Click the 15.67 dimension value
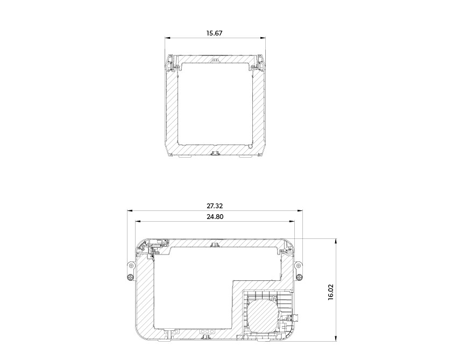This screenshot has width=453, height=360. tap(214, 33)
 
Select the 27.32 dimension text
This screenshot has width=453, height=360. tap(215, 206)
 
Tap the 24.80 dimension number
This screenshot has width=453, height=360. tap(215, 217)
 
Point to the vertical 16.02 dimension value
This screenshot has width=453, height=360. tap(331, 292)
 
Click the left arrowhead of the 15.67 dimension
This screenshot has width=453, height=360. tap(167, 38)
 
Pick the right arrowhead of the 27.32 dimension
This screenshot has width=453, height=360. tap(300, 210)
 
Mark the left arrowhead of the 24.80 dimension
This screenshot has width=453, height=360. tap(138, 221)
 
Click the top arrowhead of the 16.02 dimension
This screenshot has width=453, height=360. tap(336, 241)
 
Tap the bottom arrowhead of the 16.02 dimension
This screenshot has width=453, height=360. tap(336, 338)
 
